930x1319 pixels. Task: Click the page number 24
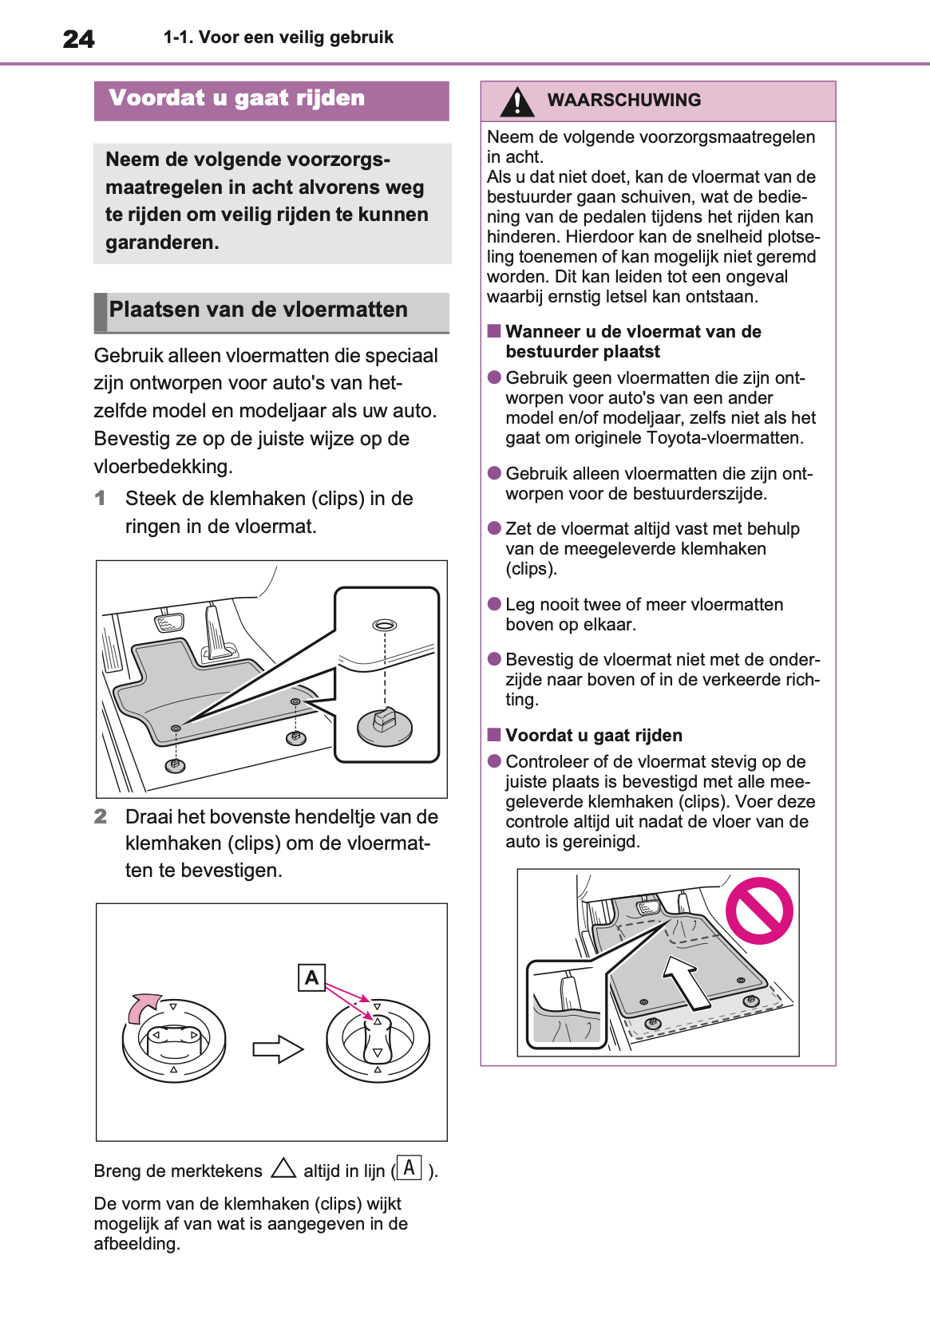(x=78, y=39)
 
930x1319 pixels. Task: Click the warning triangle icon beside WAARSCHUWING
(x=517, y=101)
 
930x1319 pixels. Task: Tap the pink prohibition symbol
(x=759, y=910)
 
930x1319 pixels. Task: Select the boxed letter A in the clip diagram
(x=312, y=977)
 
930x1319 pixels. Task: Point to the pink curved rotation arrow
(x=142, y=1006)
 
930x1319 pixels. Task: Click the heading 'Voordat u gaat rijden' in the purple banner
(x=237, y=98)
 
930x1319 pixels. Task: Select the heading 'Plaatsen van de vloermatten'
(x=258, y=310)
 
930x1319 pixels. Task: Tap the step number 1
(x=100, y=499)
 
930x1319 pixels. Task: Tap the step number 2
(x=100, y=816)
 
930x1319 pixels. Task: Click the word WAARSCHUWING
(x=623, y=101)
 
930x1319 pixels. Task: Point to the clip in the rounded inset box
(x=384, y=724)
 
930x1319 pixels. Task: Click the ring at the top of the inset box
(x=384, y=625)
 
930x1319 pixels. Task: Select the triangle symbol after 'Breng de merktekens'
(x=283, y=1169)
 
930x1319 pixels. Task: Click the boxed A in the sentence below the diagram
(x=409, y=1168)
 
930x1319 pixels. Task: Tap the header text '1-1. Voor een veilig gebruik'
(x=278, y=38)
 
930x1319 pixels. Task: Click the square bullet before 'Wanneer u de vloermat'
(x=494, y=331)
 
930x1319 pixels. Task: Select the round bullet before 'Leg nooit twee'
(x=494, y=604)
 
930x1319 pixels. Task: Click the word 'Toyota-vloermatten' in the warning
(x=725, y=438)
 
